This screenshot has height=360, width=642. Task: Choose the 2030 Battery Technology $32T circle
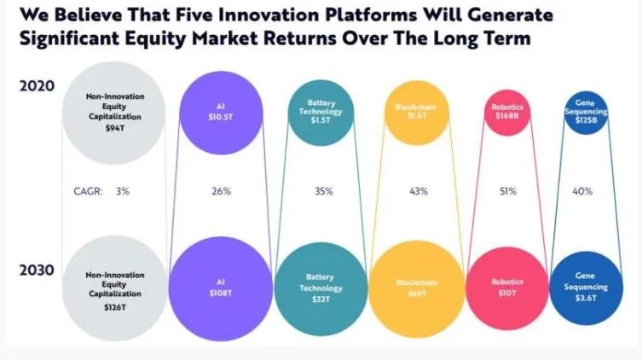click(321, 282)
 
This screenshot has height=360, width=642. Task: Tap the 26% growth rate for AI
click(220, 192)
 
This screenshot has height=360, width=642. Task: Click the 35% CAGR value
click(323, 192)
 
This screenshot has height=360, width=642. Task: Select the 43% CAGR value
click(418, 192)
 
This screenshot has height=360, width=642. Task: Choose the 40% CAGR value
click(582, 192)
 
